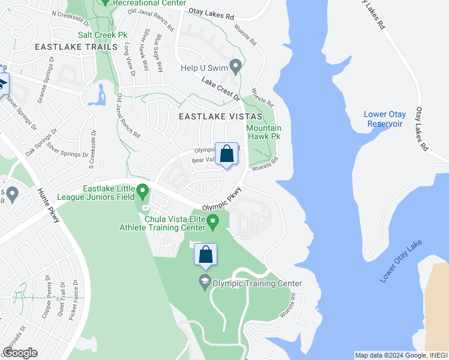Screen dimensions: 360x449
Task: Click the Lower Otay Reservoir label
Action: [385, 119]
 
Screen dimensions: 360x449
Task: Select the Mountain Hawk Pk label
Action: [264, 132]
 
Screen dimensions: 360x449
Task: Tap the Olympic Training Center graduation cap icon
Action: [205, 282]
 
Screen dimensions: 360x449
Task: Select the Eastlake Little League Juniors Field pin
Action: [143, 192]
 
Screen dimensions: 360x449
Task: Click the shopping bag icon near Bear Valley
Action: [227, 154]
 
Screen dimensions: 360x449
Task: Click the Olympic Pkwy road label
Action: [221, 198]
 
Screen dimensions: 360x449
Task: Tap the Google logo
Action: [20, 353]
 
